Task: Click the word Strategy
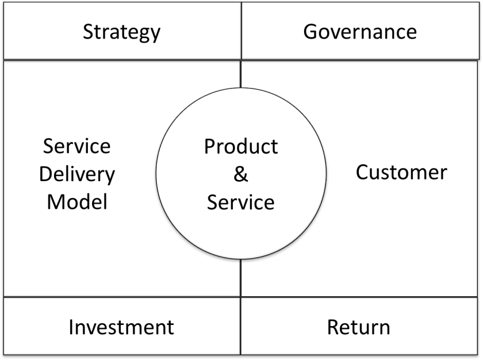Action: (121, 32)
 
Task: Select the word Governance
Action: (360, 31)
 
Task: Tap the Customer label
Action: (401, 172)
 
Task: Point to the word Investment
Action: (121, 327)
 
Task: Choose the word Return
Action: (358, 327)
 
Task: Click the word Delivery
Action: (77, 174)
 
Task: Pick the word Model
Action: (77, 201)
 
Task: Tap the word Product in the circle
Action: (240, 147)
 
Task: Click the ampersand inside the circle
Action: (240, 174)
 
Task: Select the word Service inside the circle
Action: (240, 202)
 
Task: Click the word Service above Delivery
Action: (77, 146)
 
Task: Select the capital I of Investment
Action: (71, 327)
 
